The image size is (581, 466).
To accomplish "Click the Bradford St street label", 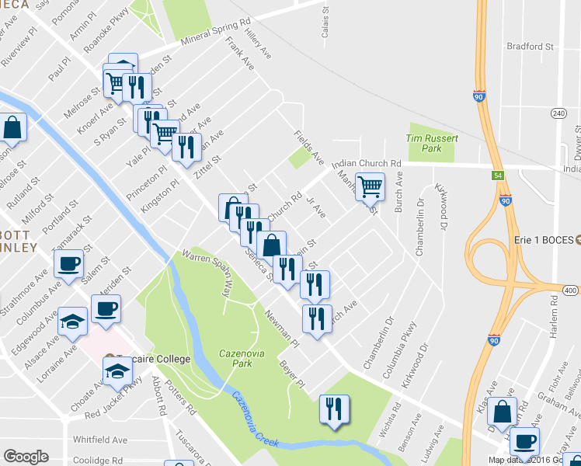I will pos(529,47).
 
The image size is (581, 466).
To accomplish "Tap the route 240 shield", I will pos(558,113).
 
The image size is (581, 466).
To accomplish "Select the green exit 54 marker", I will pos(497,176).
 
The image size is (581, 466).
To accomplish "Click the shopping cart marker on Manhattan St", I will pos(371,186).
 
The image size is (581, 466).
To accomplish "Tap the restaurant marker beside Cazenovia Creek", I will pos(335,409).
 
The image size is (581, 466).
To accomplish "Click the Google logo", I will pos(26,457).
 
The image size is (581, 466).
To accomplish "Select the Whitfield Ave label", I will pos(100,440).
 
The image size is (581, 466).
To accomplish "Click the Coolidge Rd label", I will pos(98,460).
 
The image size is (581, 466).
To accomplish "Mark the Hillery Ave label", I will pos(257,44).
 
